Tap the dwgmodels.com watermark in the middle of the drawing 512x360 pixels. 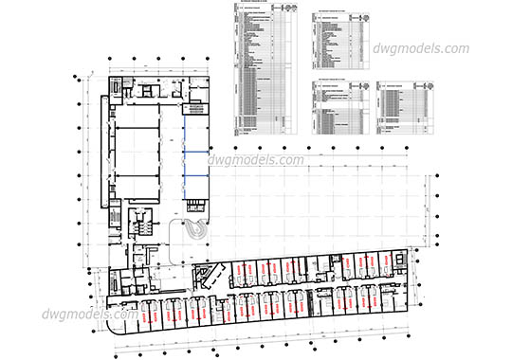(256, 160)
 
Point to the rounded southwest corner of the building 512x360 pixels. (115, 323)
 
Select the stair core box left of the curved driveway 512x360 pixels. (141, 225)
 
